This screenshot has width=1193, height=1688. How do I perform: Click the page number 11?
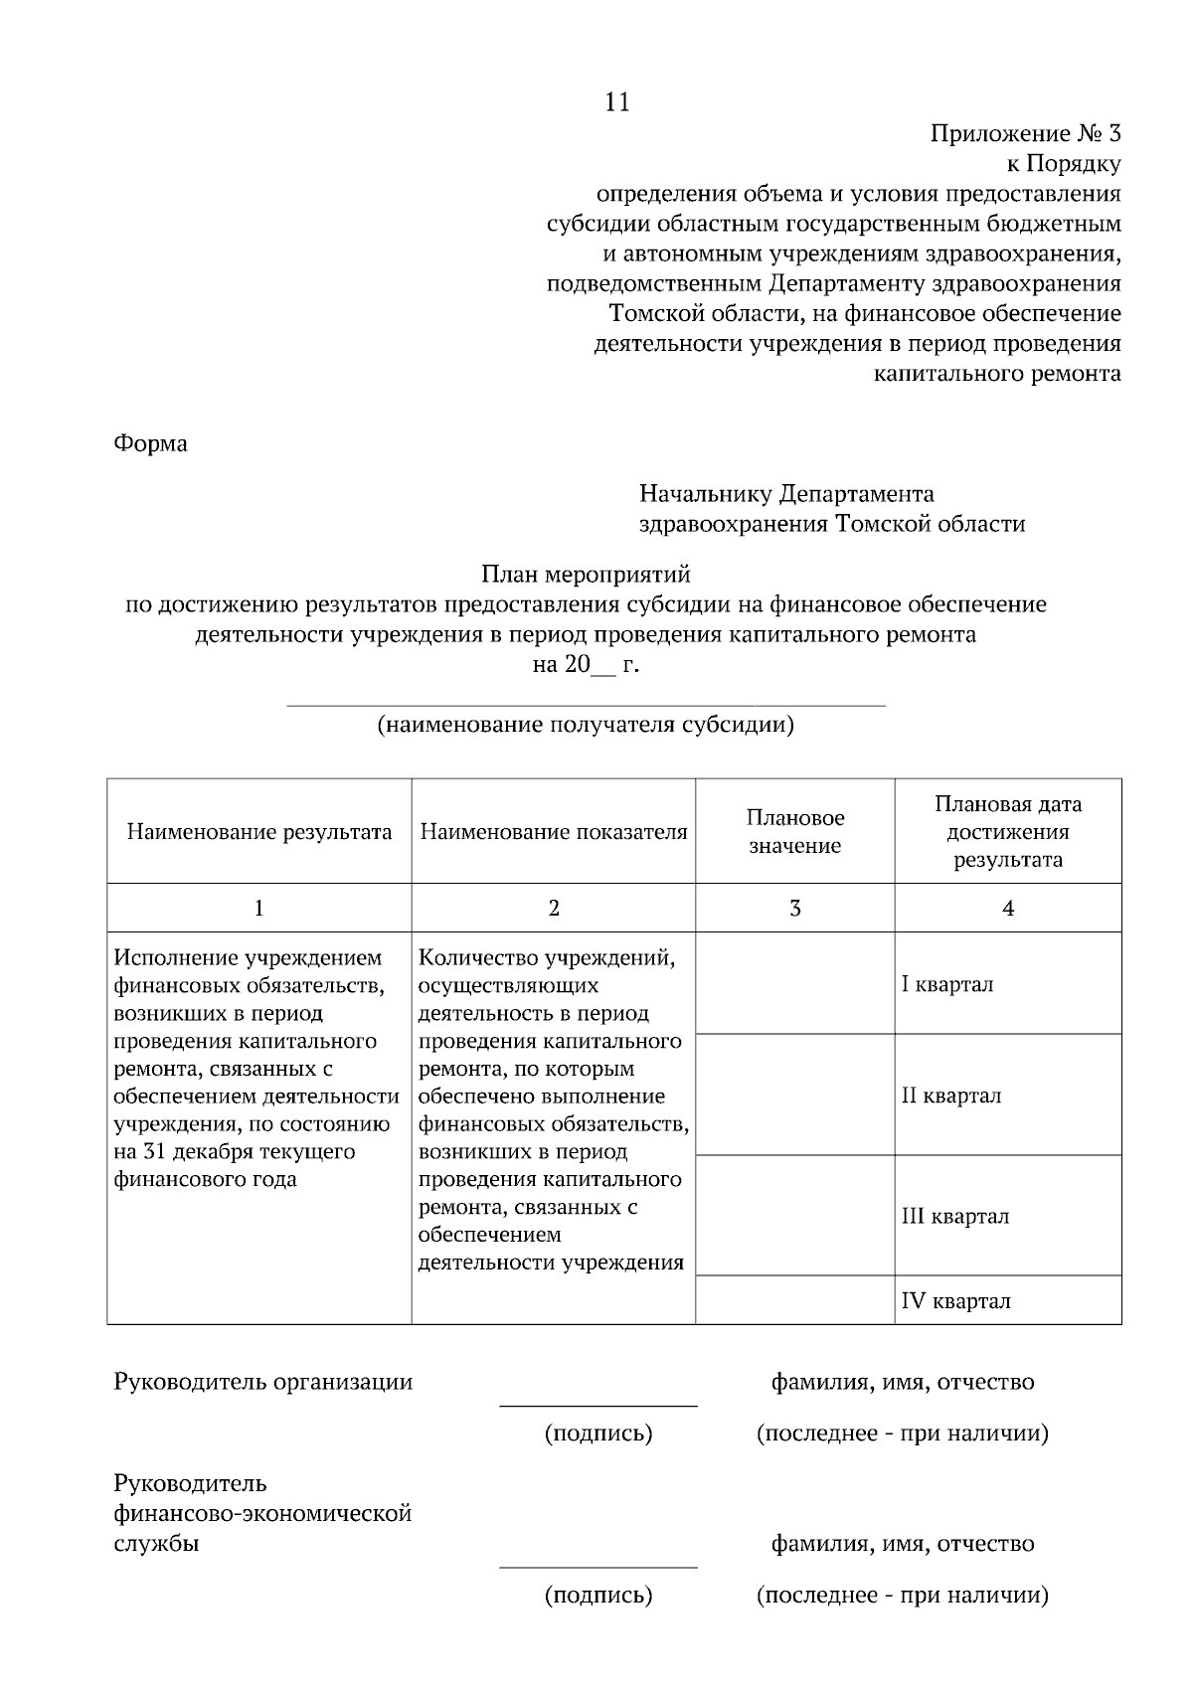point(616,102)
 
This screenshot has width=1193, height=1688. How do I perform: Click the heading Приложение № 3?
point(1025,133)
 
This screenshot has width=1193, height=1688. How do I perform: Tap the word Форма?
point(150,443)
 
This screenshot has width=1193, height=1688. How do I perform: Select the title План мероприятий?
point(586,574)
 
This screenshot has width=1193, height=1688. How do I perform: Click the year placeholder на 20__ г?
point(586,665)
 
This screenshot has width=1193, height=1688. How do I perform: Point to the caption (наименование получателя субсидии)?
point(586,725)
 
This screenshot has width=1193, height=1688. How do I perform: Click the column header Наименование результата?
point(259,832)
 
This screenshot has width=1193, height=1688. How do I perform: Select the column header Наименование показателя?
point(554,832)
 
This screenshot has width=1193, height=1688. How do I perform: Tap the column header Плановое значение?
point(795,832)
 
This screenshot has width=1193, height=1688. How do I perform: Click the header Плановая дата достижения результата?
point(1008,832)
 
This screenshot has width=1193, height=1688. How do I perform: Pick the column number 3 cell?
point(795,908)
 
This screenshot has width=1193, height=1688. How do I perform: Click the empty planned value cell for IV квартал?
point(795,1301)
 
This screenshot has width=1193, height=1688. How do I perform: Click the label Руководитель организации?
point(263,1382)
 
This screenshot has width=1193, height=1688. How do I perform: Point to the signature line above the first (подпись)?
point(597,1406)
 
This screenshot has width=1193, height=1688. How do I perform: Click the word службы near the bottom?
point(156,1544)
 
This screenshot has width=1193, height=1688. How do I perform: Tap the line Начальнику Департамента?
point(785,494)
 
